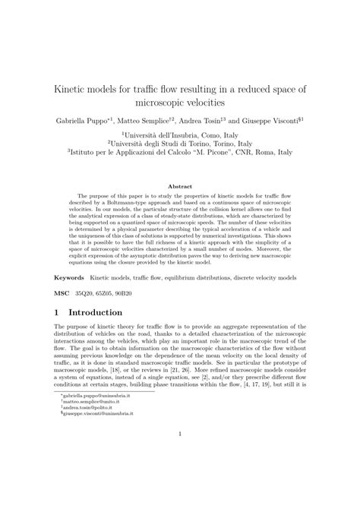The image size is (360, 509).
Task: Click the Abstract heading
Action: [180, 185]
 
